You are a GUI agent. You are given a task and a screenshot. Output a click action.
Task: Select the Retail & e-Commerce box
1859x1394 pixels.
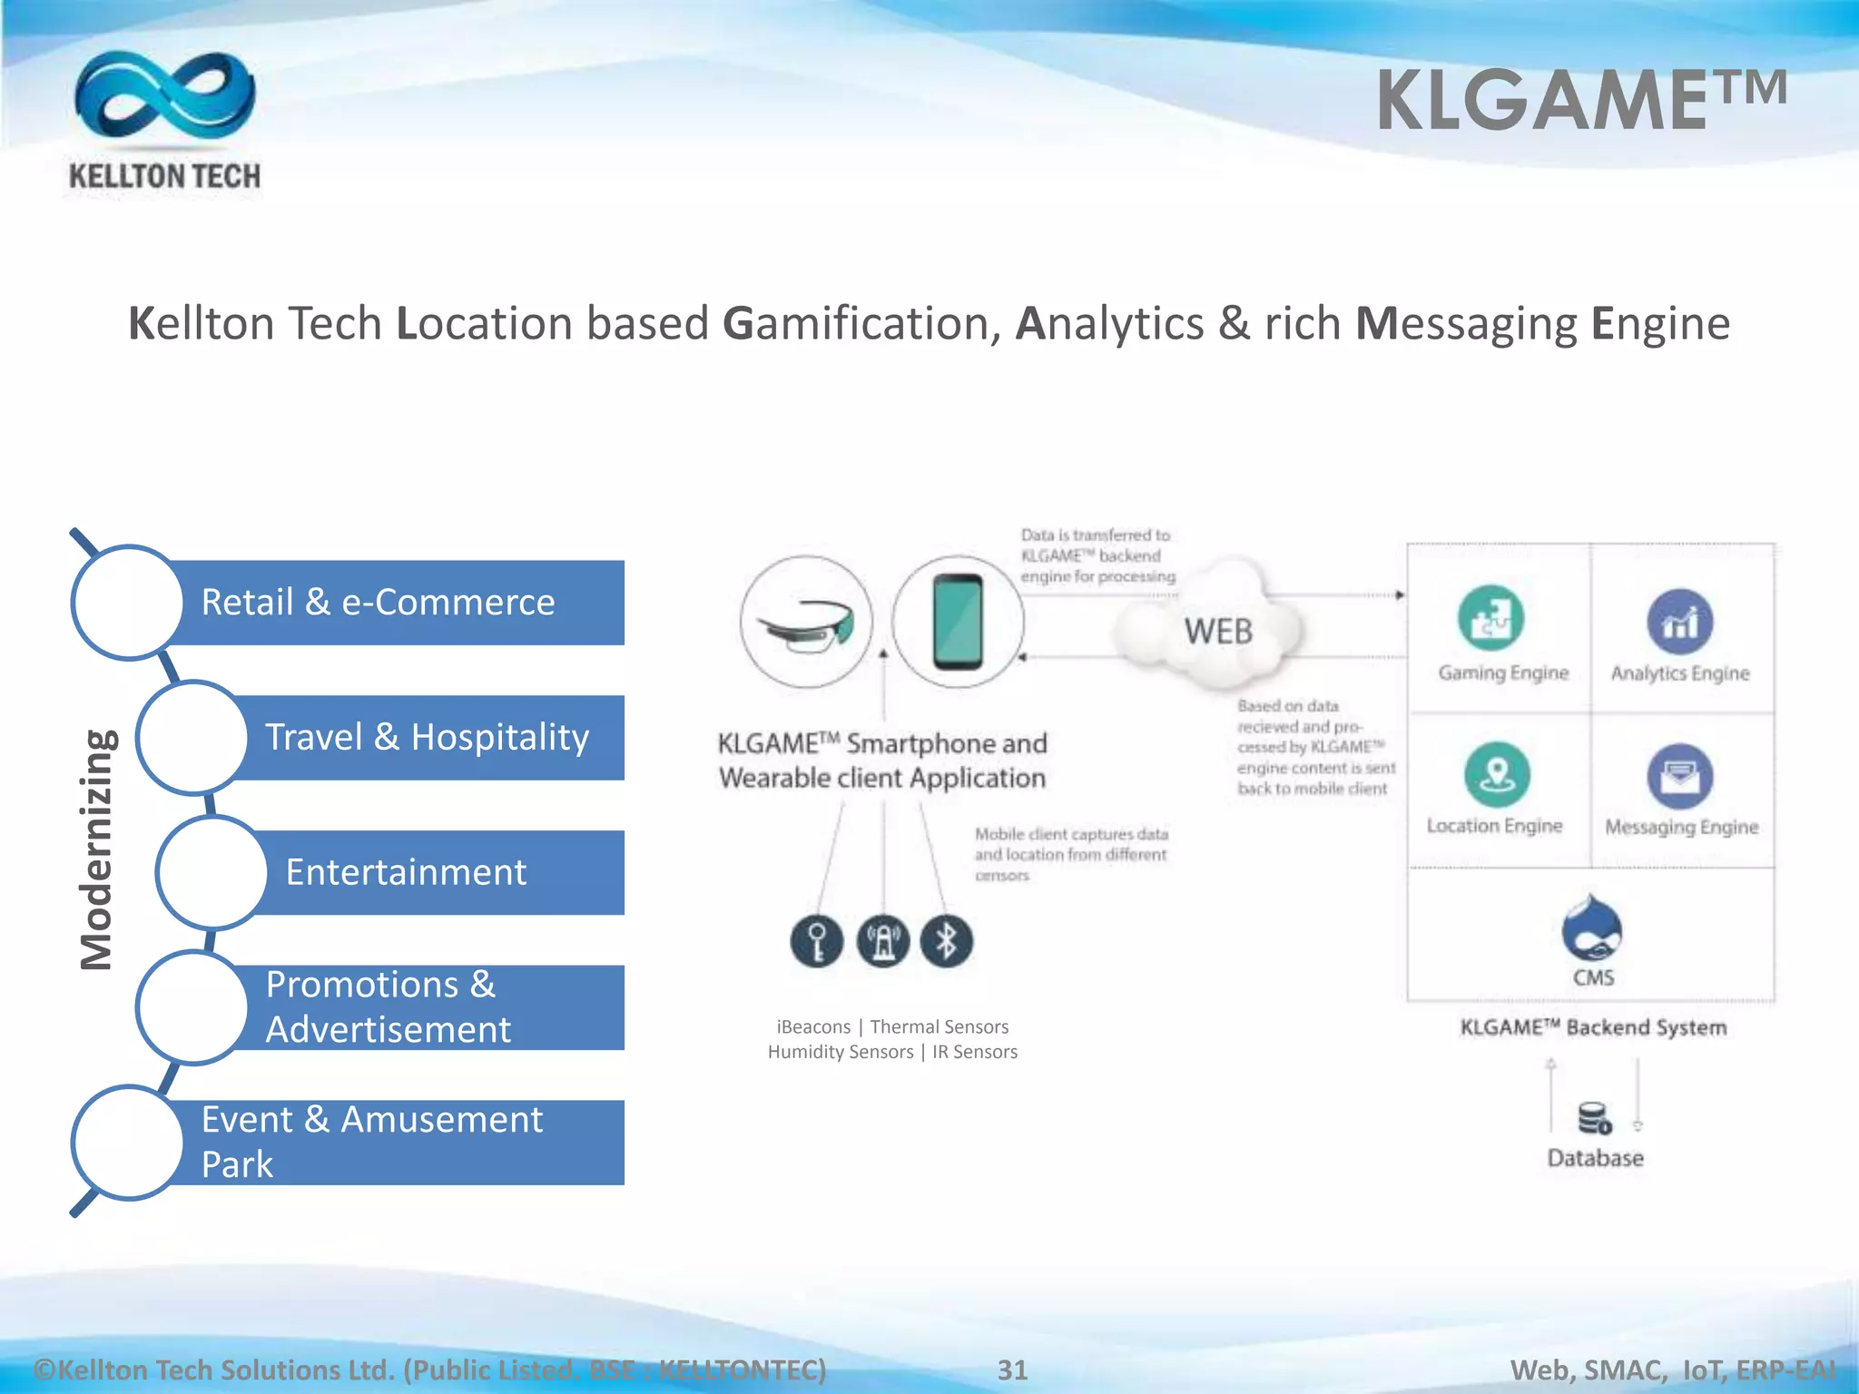390,603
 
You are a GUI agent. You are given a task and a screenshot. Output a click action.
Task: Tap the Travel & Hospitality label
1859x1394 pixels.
427,737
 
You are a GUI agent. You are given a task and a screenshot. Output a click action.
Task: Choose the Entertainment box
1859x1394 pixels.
427,872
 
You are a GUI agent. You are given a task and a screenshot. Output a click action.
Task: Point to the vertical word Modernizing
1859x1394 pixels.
97,849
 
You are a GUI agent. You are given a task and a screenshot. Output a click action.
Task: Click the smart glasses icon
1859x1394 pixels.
806,623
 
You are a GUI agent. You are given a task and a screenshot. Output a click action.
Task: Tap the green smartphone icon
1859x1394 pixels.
958,623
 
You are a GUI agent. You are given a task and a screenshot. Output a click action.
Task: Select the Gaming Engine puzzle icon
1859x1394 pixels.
1490,619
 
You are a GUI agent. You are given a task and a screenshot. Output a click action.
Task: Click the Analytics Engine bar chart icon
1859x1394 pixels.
1679,622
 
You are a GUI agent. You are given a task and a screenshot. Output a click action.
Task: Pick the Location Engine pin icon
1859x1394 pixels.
1497,774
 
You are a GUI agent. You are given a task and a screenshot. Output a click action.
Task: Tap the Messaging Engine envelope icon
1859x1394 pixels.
1679,776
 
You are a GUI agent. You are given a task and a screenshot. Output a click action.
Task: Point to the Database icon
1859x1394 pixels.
1594,1118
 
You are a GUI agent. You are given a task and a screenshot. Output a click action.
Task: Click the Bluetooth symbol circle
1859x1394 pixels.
946,941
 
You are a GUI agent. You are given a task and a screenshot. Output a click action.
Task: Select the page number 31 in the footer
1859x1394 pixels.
1012,1369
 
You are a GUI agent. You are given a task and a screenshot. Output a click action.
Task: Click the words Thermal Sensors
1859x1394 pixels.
939,1026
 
